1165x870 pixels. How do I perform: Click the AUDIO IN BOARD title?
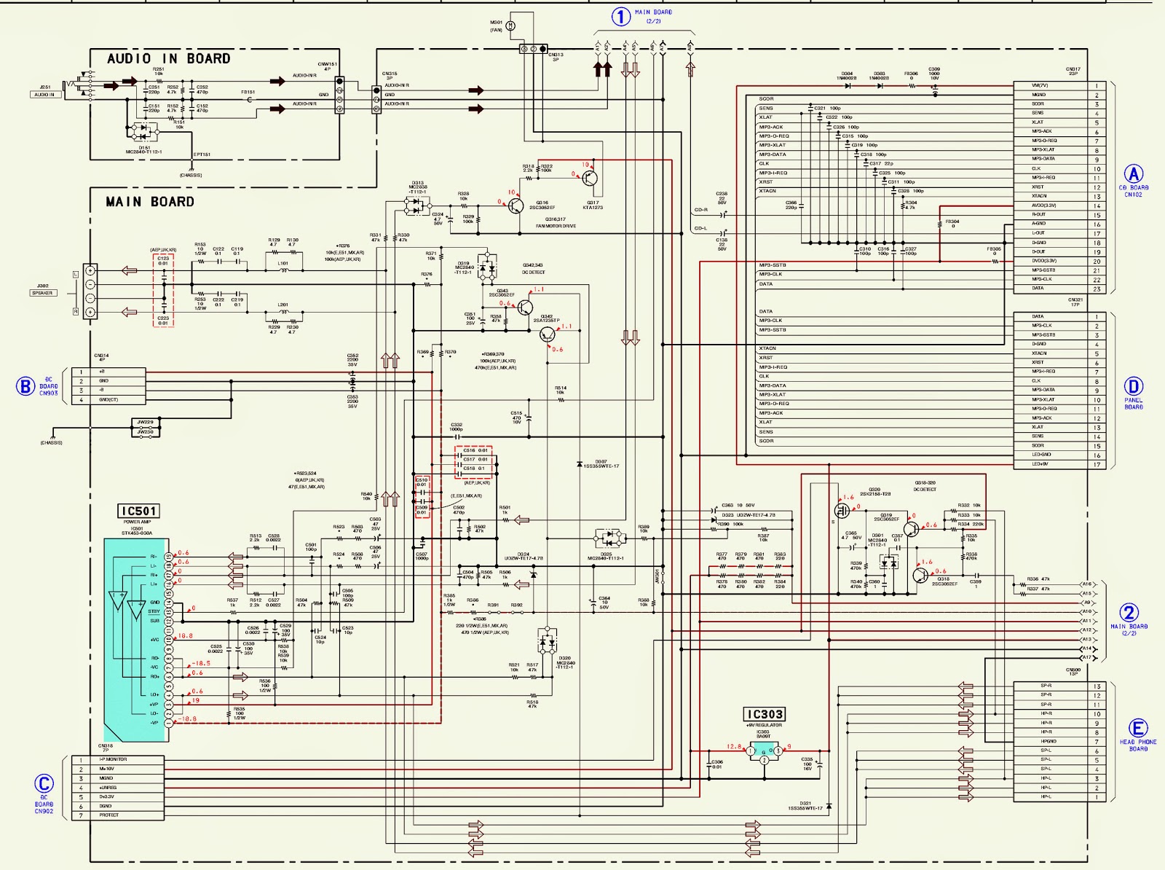pyautogui.click(x=168, y=59)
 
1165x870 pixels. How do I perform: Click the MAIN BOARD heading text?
pyautogui.click(x=150, y=202)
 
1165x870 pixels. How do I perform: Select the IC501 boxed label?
pyautogui.click(x=138, y=512)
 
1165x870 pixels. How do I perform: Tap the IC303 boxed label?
pyautogui.click(x=765, y=714)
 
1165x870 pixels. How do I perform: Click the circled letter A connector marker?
pyautogui.click(x=1134, y=174)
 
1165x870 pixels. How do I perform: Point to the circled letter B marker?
pyautogui.click(x=25, y=386)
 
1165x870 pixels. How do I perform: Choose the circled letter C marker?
pyautogui.click(x=44, y=784)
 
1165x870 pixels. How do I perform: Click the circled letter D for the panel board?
pyautogui.click(x=1134, y=386)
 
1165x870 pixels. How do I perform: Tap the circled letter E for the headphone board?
pyautogui.click(x=1138, y=728)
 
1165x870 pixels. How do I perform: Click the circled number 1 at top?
pyautogui.click(x=620, y=16)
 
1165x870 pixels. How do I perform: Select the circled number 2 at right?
pyautogui.click(x=1129, y=613)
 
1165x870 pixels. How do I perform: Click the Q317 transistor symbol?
pyautogui.click(x=590, y=178)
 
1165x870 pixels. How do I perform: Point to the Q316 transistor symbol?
pyautogui.click(x=516, y=206)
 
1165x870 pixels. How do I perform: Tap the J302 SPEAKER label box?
pyautogui.click(x=42, y=293)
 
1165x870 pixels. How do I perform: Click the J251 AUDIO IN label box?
pyautogui.click(x=44, y=95)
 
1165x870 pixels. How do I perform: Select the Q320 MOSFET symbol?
pyautogui.click(x=842, y=511)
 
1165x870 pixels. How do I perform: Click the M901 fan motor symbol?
pyautogui.click(x=510, y=26)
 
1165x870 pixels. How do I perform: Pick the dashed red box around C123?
pyautogui.click(x=163, y=290)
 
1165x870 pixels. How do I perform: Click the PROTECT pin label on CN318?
pyautogui.click(x=109, y=815)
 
